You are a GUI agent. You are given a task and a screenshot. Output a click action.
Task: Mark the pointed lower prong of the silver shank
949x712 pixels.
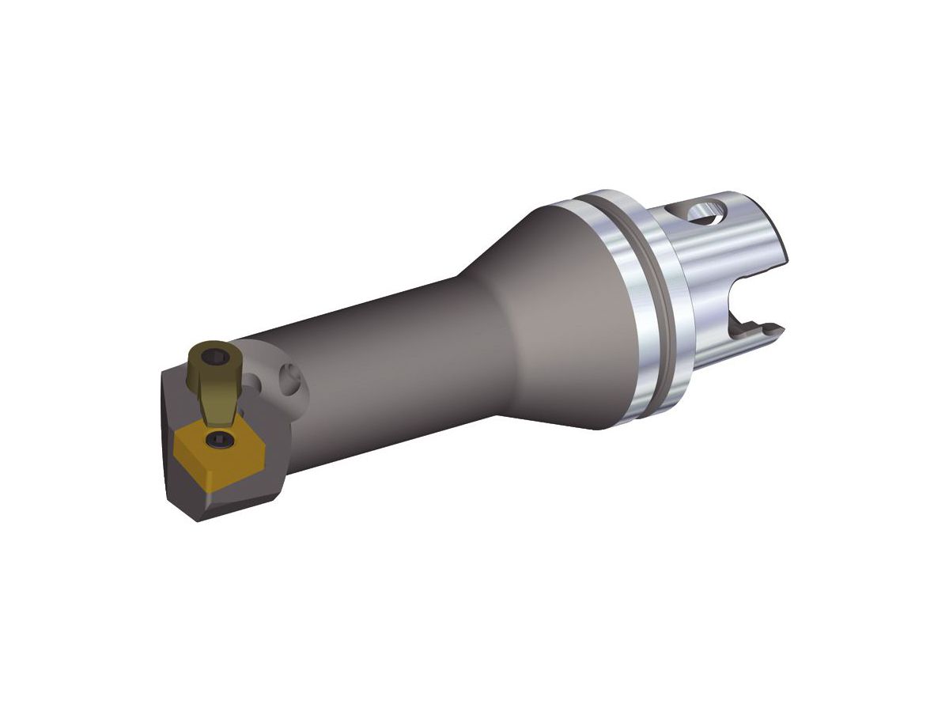(771, 328)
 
